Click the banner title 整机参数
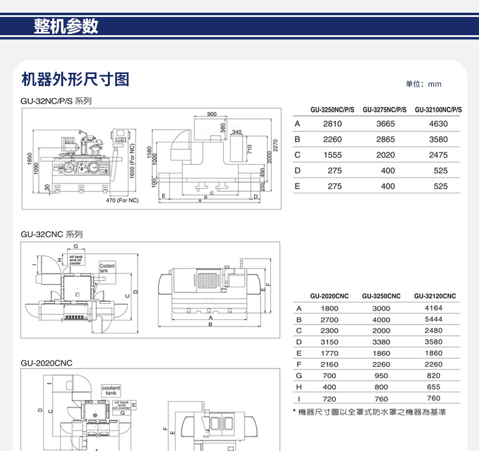[65, 27]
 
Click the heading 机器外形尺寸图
[75, 79]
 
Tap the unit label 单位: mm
[424, 84]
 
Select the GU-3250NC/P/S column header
[332, 110]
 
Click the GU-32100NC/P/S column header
[438, 110]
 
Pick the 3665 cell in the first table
[386, 124]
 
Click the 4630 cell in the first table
[438, 124]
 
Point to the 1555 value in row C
[333, 155]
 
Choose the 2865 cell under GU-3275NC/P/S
[386, 139]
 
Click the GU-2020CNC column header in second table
[329, 296]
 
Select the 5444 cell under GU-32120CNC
[434, 319]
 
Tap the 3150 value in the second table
[329, 342]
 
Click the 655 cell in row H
[434, 387]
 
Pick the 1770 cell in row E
[329, 353]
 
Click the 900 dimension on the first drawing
[212, 114]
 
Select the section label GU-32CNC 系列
[52, 234]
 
